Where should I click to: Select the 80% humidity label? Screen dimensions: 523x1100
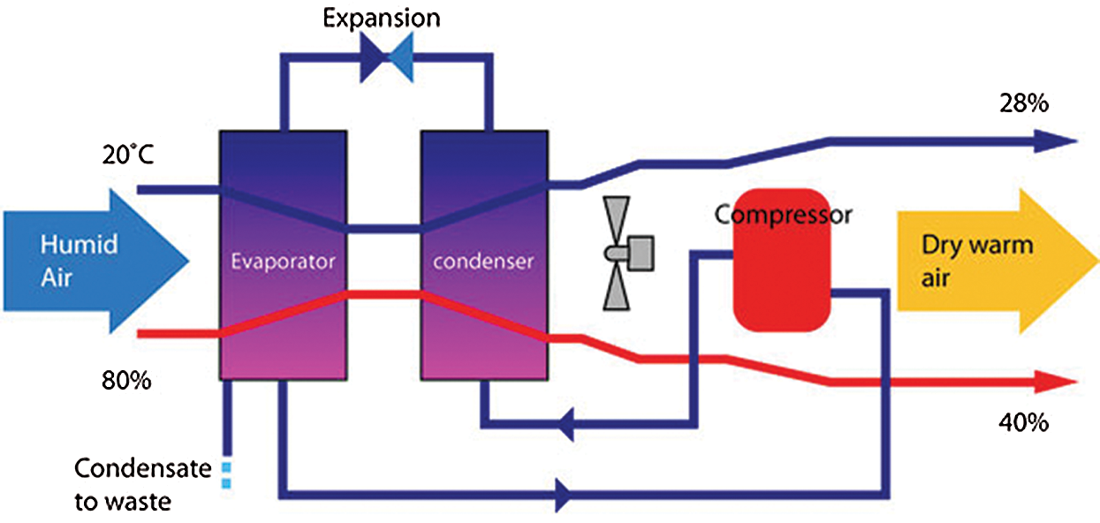click(x=126, y=383)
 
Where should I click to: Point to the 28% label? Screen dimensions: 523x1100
click(x=1023, y=103)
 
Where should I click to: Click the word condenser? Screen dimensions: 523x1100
click(x=483, y=261)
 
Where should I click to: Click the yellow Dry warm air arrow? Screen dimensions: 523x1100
click(x=990, y=262)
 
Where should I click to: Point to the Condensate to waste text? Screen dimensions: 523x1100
click(x=141, y=484)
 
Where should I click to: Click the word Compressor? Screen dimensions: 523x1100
click(x=783, y=214)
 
